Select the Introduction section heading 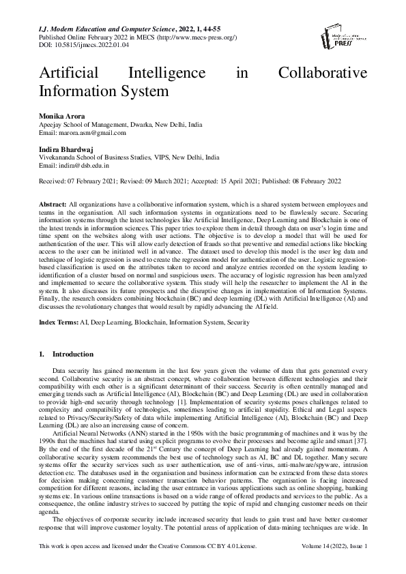pyautogui.click(x=71, y=355)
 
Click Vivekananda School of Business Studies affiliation pyautogui.click(x=129, y=156)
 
